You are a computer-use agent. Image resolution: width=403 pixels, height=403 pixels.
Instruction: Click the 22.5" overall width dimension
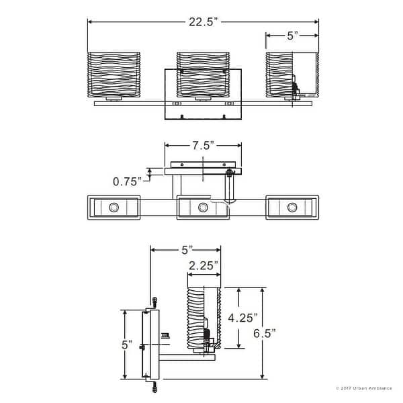(x=202, y=21)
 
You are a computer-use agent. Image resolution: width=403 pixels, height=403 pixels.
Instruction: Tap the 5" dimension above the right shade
(x=292, y=36)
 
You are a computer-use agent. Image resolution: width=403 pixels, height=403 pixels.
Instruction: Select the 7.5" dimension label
(x=202, y=145)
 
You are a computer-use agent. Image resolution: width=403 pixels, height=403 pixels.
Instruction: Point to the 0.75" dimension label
(x=127, y=181)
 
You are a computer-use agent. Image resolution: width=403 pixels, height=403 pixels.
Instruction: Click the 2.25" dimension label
(x=203, y=266)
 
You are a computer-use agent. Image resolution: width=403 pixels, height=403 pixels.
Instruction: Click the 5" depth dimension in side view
(x=185, y=250)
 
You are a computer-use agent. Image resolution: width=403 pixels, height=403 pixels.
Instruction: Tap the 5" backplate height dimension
(x=127, y=345)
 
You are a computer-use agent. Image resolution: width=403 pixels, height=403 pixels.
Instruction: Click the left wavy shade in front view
(x=114, y=75)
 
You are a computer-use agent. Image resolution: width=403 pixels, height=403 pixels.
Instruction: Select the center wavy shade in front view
(x=202, y=75)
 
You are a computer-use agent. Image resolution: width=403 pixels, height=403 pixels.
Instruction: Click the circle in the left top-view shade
(x=114, y=207)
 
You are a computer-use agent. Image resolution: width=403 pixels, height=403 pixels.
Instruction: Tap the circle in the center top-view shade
(x=203, y=207)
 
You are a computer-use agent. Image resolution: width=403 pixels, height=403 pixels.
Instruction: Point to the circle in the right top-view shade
(x=292, y=207)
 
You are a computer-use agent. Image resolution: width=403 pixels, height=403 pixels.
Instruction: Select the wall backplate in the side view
(x=150, y=345)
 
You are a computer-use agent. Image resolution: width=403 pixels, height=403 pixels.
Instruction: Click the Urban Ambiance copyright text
(x=363, y=388)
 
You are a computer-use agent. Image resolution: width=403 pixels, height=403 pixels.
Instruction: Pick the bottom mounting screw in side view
(x=154, y=387)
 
